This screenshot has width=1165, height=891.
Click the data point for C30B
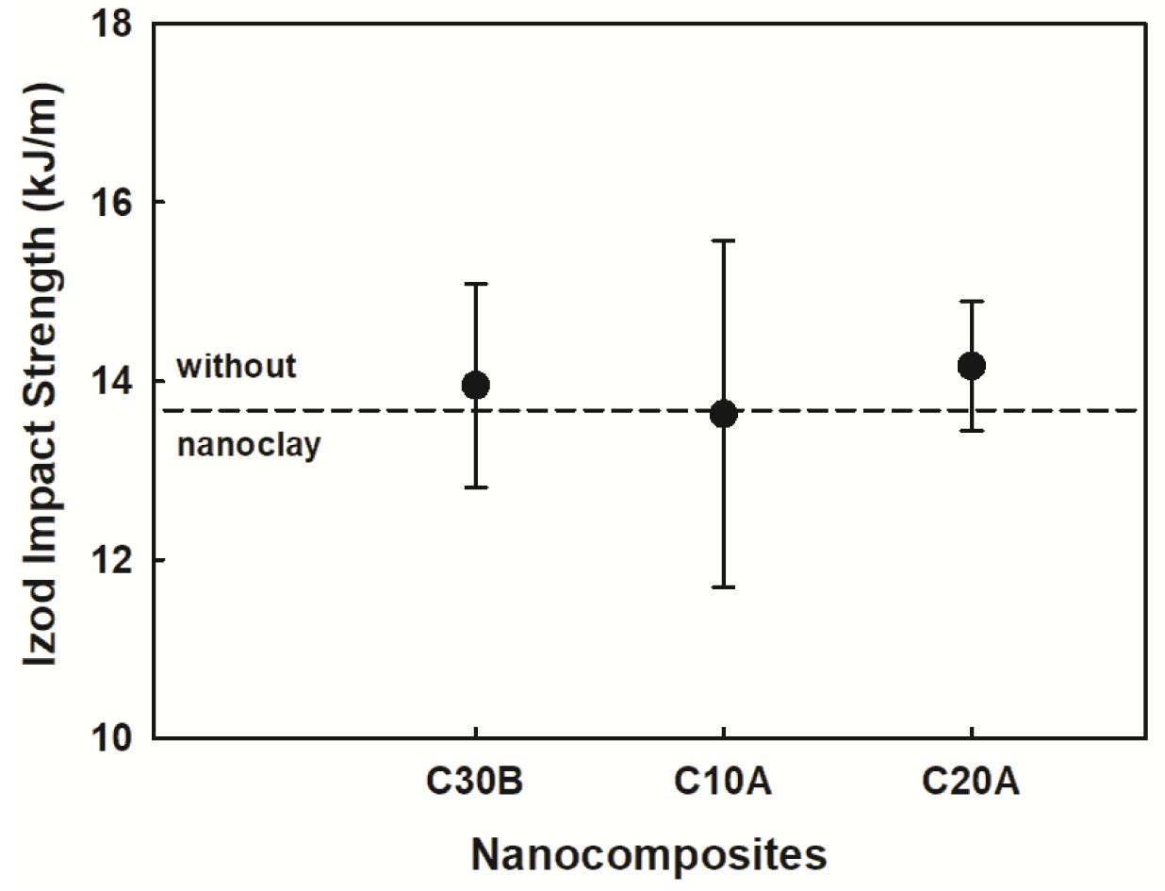tap(476, 385)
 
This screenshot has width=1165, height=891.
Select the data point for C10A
tap(723, 414)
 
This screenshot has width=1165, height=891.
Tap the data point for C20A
tap(971, 366)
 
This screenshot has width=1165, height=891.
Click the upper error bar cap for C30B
tap(476, 283)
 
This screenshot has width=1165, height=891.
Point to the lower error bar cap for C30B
tap(476, 487)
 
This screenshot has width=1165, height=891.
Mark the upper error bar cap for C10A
tap(723, 240)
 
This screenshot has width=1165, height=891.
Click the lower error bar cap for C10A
tap(723, 587)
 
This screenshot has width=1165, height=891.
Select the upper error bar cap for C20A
tap(971, 301)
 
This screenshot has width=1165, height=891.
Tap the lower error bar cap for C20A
tap(971, 431)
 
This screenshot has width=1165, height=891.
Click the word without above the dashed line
tap(237, 366)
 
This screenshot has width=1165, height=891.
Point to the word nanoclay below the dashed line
tap(249, 444)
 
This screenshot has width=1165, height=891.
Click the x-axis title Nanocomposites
tap(648, 854)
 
